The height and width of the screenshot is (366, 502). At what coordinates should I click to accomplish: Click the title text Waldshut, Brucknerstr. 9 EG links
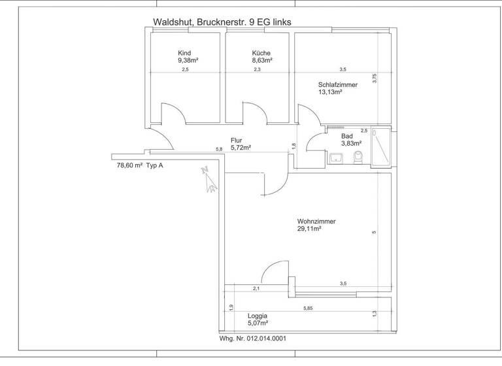tap(222, 22)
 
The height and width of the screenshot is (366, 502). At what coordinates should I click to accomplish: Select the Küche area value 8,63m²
tap(262, 60)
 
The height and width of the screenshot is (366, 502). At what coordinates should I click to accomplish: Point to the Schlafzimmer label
tap(338, 84)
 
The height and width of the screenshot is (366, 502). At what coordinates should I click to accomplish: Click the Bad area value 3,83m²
tap(352, 143)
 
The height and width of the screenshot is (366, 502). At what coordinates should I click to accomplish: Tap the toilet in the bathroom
tap(358, 158)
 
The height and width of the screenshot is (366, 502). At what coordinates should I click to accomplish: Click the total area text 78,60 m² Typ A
tap(140, 166)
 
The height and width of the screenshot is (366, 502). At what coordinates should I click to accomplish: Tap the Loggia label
tap(258, 315)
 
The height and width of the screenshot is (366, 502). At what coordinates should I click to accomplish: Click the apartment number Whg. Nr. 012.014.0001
tap(252, 339)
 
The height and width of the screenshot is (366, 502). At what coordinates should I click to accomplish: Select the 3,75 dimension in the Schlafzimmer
tap(375, 78)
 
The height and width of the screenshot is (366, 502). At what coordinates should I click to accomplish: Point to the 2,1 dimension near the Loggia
tap(256, 288)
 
